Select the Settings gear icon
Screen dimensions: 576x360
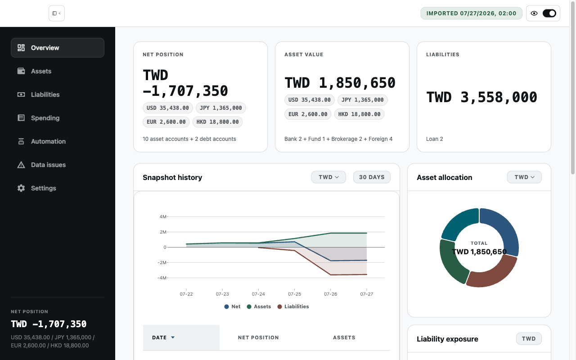pos(21,188)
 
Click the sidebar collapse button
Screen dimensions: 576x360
pos(57,13)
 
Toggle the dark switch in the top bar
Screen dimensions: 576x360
pos(549,13)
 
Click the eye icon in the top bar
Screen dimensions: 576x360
pos(534,13)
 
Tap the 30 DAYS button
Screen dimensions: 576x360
pos(372,177)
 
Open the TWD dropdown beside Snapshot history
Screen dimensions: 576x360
pos(328,177)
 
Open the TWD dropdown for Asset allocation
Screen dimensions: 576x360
pos(524,177)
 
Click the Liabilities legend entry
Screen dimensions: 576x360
pos(293,306)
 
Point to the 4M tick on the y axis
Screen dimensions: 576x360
pos(163,217)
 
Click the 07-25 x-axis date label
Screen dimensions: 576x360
pos(294,294)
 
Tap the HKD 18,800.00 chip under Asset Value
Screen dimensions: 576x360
pos(359,114)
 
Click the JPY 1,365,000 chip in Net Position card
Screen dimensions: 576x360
pos(221,108)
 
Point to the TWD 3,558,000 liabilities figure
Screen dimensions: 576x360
pos(481,97)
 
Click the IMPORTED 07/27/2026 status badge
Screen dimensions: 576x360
pos(471,13)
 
